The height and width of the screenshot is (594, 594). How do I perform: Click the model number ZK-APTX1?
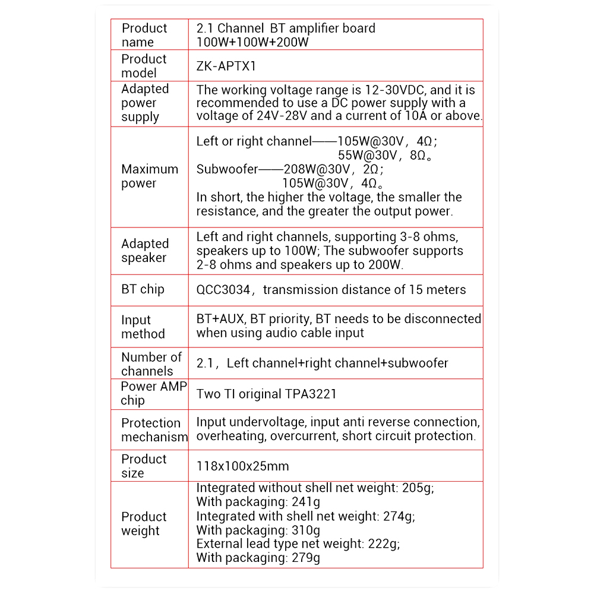(x=226, y=66)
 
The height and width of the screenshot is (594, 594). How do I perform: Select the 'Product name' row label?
(x=144, y=35)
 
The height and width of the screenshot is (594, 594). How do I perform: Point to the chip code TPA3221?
(x=308, y=394)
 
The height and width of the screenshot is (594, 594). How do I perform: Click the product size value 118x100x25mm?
(x=242, y=466)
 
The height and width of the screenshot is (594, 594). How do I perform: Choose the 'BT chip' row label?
(x=143, y=289)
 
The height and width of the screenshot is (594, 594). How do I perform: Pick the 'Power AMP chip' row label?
(x=153, y=393)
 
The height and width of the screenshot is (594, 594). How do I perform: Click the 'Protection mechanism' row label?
(x=154, y=430)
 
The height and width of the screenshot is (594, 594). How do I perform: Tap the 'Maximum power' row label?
(x=150, y=176)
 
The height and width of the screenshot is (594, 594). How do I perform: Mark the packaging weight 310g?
(x=306, y=530)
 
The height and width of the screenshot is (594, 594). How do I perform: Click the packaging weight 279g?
(x=306, y=558)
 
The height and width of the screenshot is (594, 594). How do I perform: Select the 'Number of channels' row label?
(x=151, y=364)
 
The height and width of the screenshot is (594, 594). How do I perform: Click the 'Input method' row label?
(x=143, y=327)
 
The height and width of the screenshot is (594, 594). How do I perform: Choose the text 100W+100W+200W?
(x=252, y=42)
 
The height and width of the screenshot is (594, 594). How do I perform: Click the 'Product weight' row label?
(x=144, y=523)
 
